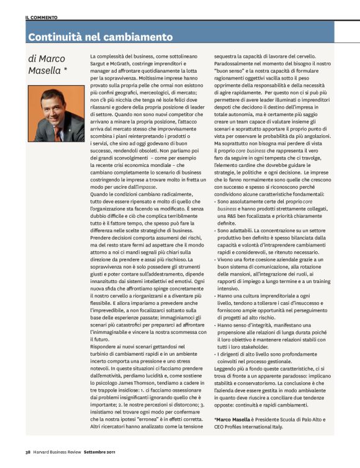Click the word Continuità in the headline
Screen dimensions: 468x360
coord(55,37)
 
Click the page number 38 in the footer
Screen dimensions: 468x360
coord(28,451)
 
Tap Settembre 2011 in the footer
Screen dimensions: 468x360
coord(117,451)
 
